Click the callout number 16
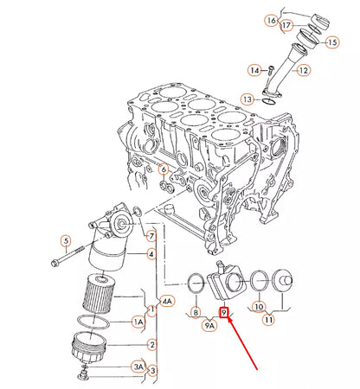pos(271,19)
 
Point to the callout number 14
pos(254,69)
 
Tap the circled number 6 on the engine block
pos(163,169)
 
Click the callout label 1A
pos(137,322)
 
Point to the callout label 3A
pos(138,367)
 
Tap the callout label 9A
pos(209,326)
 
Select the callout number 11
pos(269,320)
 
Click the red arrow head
pos(230,322)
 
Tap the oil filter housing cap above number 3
pos(87,350)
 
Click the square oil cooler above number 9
pos(228,278)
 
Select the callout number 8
pos(196,312)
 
